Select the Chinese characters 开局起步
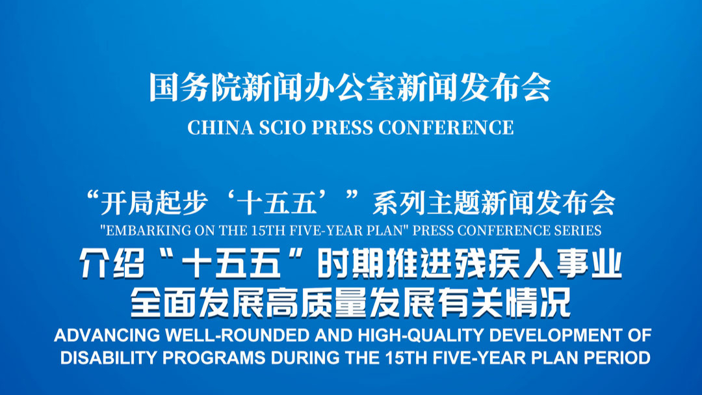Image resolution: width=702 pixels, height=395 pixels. [153, 203]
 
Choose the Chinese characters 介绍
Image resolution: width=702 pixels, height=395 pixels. [112, 265]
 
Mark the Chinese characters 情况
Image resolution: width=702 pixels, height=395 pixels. [538, 303]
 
